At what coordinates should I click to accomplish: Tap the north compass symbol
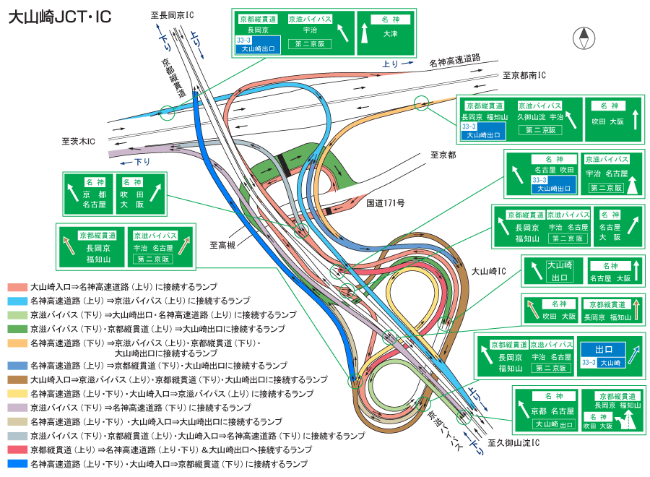click(x=582, y=37)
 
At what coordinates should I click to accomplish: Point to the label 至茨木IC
click(x=78, y=142)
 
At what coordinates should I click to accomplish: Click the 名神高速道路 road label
click(x=454, y=64)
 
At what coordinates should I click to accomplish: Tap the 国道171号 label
click(x=385, y=203)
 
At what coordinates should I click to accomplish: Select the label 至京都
click(x=443, y=155)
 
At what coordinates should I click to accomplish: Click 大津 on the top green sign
click(x=390, y=34)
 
